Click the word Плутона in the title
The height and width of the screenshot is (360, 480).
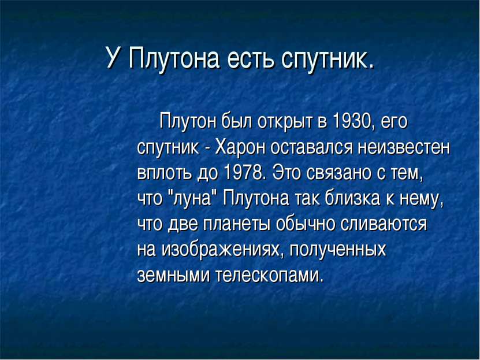[174, 58]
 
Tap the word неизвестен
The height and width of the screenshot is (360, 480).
[404, 148]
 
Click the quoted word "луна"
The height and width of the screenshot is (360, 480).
[192, 199]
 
